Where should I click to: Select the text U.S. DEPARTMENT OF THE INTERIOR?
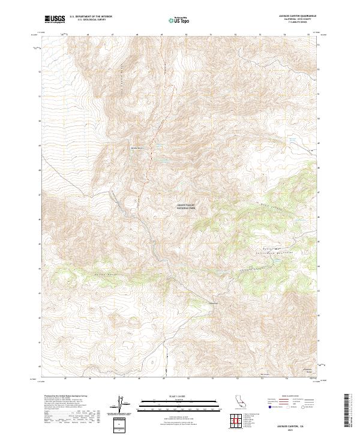tap(91, 17)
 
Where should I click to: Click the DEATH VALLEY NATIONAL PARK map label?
tap(186, 207)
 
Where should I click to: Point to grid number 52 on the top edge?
tap(235, 34)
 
